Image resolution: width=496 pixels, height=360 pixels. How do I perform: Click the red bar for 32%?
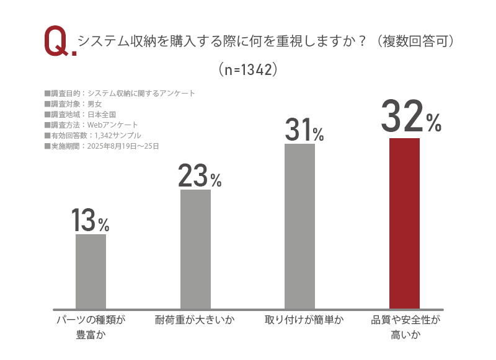404,223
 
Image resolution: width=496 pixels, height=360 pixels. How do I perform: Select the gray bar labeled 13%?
91,271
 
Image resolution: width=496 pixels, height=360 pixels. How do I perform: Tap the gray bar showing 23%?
195,248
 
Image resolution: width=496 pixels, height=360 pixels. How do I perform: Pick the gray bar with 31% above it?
299,226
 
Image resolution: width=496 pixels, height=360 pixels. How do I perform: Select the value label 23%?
199,176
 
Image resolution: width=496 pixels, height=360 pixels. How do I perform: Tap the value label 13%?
90,220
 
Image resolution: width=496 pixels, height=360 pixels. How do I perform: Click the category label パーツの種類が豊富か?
91,328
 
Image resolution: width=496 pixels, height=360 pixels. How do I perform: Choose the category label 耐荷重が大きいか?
195,320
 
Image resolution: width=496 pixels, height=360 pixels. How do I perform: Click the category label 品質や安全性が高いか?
405,328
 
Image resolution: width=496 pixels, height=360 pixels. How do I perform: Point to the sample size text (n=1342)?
247,69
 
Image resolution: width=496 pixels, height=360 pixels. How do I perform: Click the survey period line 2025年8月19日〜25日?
102,146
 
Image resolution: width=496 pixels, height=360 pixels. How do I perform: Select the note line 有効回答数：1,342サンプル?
93,136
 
